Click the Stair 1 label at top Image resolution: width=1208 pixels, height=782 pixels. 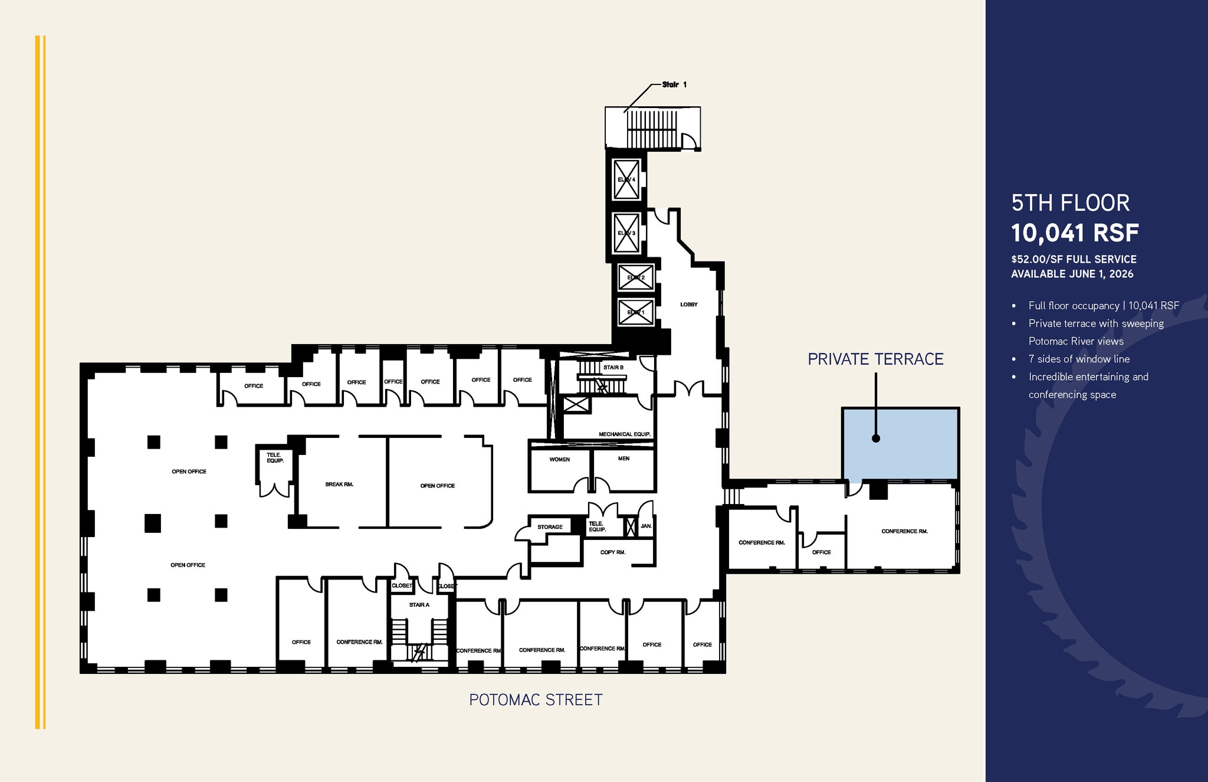(674, 85)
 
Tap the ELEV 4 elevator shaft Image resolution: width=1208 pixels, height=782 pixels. (626, 179)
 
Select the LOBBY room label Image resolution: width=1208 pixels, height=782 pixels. (688, 305)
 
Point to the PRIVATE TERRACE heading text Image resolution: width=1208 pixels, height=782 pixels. (875, 359)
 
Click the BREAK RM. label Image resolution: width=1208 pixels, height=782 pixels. (339, 485)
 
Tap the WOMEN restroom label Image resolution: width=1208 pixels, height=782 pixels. (559, 459)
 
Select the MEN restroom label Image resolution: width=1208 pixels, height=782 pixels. (623, 459)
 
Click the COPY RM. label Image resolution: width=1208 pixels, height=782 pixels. (612, 552)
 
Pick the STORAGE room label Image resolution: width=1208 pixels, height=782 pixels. (550, 527)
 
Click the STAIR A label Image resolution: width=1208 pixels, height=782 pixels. (419, 605)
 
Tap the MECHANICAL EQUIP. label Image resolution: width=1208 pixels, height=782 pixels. (625, 434)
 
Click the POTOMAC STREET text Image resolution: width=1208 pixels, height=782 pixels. (536, 700)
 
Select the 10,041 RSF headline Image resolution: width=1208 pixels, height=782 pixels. (1075, 233)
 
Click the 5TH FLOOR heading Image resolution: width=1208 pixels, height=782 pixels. (1070, 203)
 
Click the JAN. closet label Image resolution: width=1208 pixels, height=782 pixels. (646, 526)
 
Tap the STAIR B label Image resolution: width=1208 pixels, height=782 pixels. (613, 368)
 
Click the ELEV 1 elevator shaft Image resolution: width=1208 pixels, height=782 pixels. (636, 312)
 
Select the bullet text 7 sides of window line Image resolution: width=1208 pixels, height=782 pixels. (1079, 359)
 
